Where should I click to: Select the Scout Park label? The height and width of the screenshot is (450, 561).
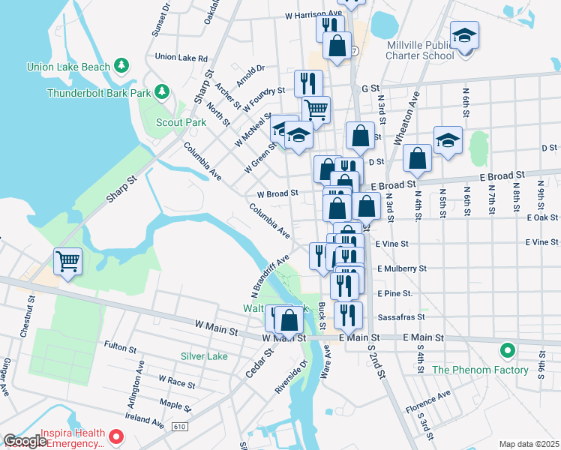pos(181,122)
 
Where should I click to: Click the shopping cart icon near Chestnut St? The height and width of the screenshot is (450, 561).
pos(67,262)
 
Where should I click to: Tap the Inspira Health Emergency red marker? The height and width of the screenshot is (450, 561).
pos(115,436)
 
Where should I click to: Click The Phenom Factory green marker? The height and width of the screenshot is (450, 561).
pos(508,350)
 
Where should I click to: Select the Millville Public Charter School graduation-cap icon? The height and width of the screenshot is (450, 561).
pos(464,34)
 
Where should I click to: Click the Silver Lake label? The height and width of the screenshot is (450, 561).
pos(204,356)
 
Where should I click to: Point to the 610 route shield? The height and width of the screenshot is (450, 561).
pos(199,426)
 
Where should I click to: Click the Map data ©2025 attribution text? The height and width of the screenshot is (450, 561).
pos(529,444)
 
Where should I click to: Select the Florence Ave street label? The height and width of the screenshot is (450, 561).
pos(427,393)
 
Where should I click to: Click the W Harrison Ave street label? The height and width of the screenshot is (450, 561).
pos(313,13)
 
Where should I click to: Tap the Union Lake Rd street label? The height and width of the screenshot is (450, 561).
pos(181,57)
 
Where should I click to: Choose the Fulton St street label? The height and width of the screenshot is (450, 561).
pos(120,348)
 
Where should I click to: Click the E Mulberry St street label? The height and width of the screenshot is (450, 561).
pos(402,268)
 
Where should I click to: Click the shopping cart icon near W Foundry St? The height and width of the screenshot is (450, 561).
pos(316,109)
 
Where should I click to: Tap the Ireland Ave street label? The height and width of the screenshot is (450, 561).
pos(143,423)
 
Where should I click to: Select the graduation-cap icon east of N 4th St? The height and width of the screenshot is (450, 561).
pos(448,141)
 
